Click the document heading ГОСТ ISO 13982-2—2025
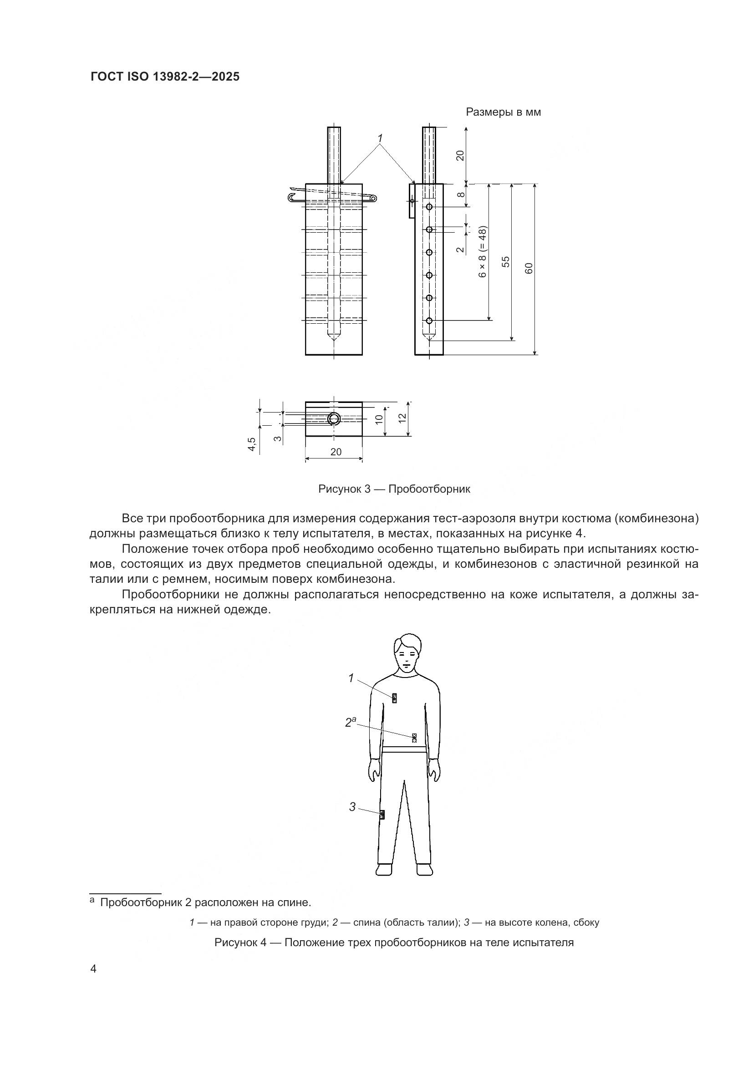165,77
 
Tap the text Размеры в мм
503,112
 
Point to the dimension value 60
529,268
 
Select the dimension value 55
506,262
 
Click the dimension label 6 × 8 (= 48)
483,252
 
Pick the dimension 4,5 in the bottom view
252,443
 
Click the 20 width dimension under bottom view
336,452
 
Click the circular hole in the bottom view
334,419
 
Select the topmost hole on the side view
429,206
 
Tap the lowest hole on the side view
429,321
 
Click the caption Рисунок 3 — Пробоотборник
394,489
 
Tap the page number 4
94,969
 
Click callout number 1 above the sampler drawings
380,138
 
